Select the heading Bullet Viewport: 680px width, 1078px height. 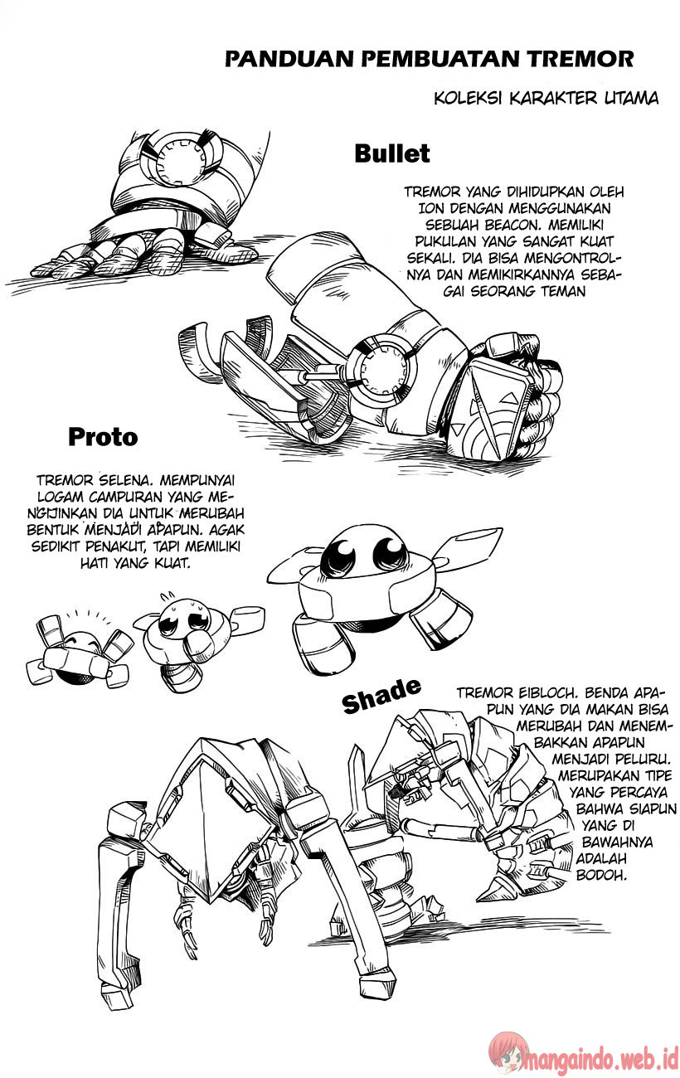click(x=391, y=153)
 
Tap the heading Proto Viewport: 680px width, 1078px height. click(x=103, y=436)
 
